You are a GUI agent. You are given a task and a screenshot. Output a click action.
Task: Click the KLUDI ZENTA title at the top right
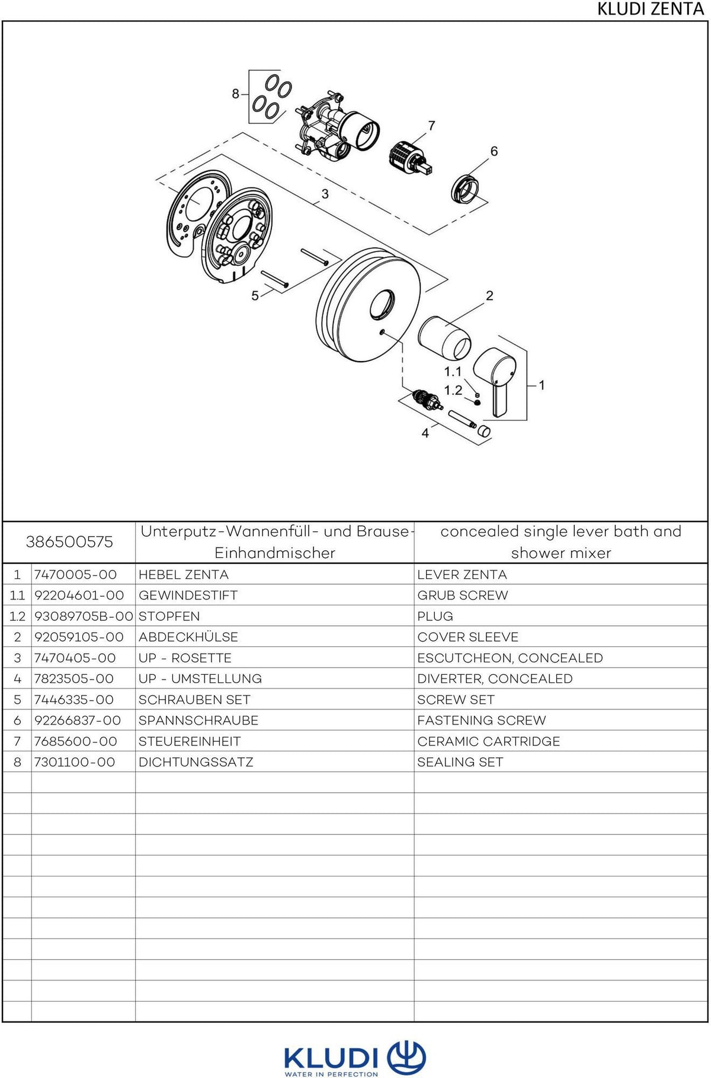(650, 9)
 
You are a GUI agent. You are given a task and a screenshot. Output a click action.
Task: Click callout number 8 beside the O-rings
(235, 94)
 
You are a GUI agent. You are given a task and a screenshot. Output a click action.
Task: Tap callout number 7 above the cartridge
(431, 126)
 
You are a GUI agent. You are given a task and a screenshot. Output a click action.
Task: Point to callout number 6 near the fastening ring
(494, 151)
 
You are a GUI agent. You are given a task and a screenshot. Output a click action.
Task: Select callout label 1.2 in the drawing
(453, 390)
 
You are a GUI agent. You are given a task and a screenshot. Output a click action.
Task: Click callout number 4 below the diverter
(425, 433)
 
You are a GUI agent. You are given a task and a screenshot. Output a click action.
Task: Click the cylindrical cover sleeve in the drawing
(444, 338)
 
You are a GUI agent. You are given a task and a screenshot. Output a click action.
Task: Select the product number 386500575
(69, 542)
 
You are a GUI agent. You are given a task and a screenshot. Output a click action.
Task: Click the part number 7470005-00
(75, 575)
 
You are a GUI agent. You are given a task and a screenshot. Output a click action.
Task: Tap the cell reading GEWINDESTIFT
(188, 595)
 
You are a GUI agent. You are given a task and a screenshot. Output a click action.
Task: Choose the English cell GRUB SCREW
(463, 595)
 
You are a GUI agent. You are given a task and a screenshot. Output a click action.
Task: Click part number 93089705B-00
(84, 616)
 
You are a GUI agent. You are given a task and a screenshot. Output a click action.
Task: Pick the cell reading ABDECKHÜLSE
(188, 637)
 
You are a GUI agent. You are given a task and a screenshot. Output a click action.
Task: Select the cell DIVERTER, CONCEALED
(495, 678)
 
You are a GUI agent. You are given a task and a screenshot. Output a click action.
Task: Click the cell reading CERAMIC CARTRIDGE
(489, 741)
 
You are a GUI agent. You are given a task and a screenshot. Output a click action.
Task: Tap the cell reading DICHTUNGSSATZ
(196, 762)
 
